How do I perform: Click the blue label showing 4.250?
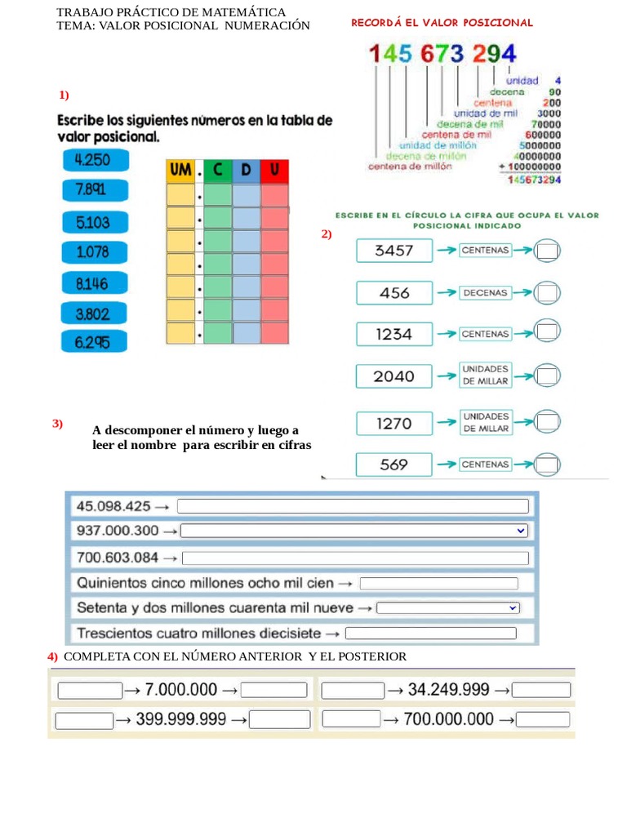click(93, 160)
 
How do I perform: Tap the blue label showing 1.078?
click(93, 252)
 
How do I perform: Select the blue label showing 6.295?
click(93, 344)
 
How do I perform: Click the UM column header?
click(180, 171)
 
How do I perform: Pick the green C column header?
click(217, 171)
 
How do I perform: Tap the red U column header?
click(274, 171)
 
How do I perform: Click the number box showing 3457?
click(394, 251)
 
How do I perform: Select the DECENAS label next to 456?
click(485, 292)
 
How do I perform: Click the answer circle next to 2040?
click(547, 376)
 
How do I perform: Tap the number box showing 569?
click(394, 465)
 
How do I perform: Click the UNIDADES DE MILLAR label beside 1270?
click(485, 422)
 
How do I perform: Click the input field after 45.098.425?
click(353, 506)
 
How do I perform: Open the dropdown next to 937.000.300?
click(354, 531)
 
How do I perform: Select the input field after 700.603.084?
click(355, 558)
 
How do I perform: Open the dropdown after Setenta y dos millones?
click(448, 608)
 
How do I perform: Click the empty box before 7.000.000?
click(89, 691)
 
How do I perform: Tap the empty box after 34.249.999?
click(541, 691)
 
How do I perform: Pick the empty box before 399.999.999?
click(84, 720)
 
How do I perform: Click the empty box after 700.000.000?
click(543, 719)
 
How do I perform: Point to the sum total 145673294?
click(534, 180)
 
